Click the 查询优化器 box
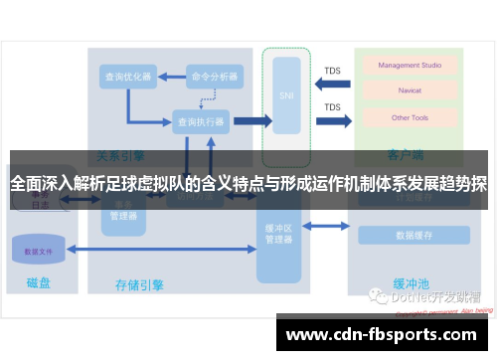(x=128, y=76)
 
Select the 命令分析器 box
(x=214, y=76)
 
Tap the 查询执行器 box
(x=200, y=121)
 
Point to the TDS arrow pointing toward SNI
(x=332, y=84)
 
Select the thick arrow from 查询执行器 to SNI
(x=251, y=121)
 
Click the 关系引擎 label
(x=120, y=156)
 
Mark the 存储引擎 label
(x=140, y=285)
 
